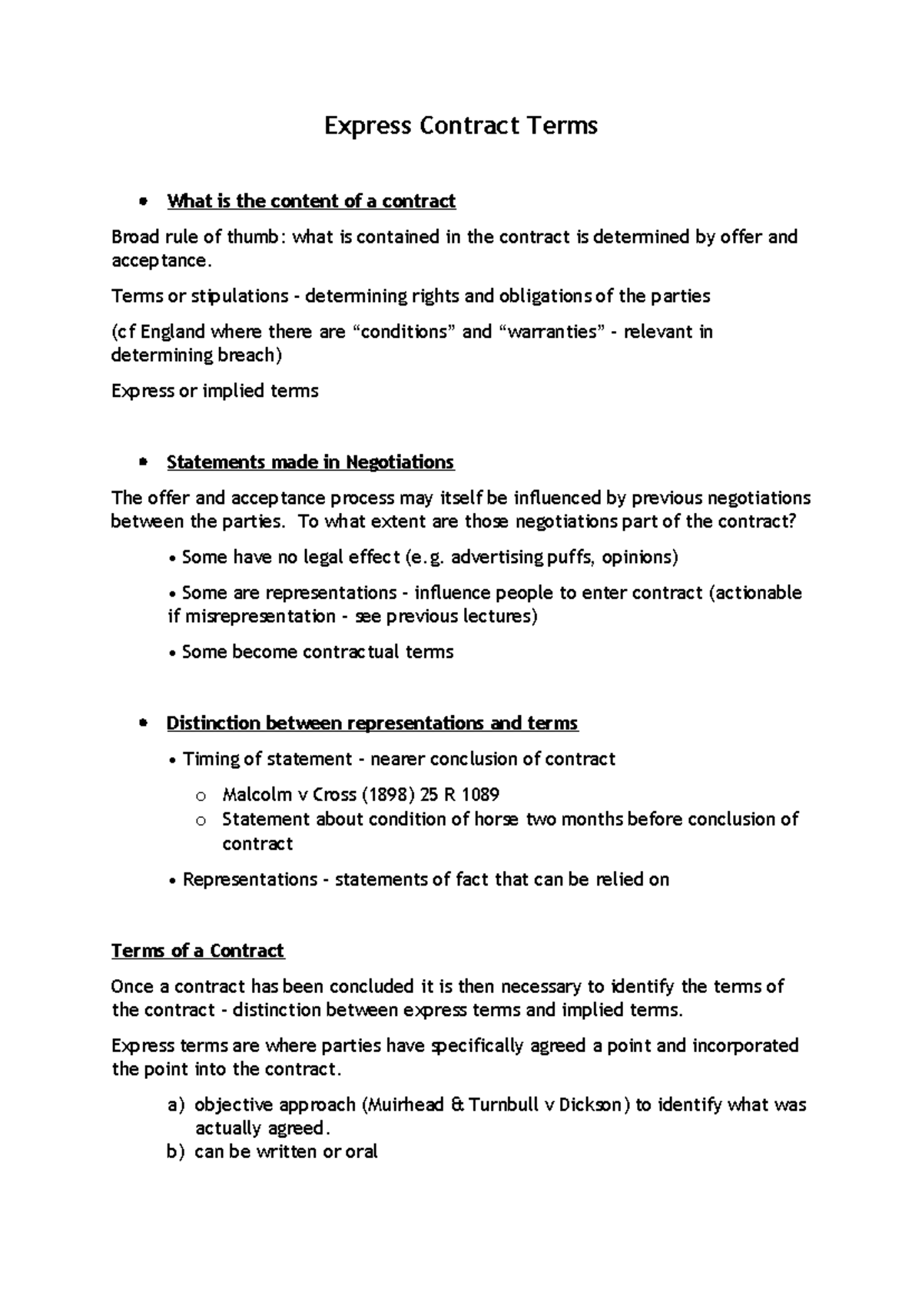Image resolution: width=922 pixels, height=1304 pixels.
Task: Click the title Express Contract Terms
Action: click(460, 125)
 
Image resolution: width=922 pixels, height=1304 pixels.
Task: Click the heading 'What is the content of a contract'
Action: click(311, 201)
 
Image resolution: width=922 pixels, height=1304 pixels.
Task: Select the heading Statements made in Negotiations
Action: click(310, 462)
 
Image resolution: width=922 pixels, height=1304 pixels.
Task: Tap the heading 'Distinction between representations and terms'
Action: click(372, 723)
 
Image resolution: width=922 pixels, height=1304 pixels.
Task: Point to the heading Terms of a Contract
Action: click(197, 951)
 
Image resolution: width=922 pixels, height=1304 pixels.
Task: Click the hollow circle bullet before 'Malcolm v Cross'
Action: click(201, 796)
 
